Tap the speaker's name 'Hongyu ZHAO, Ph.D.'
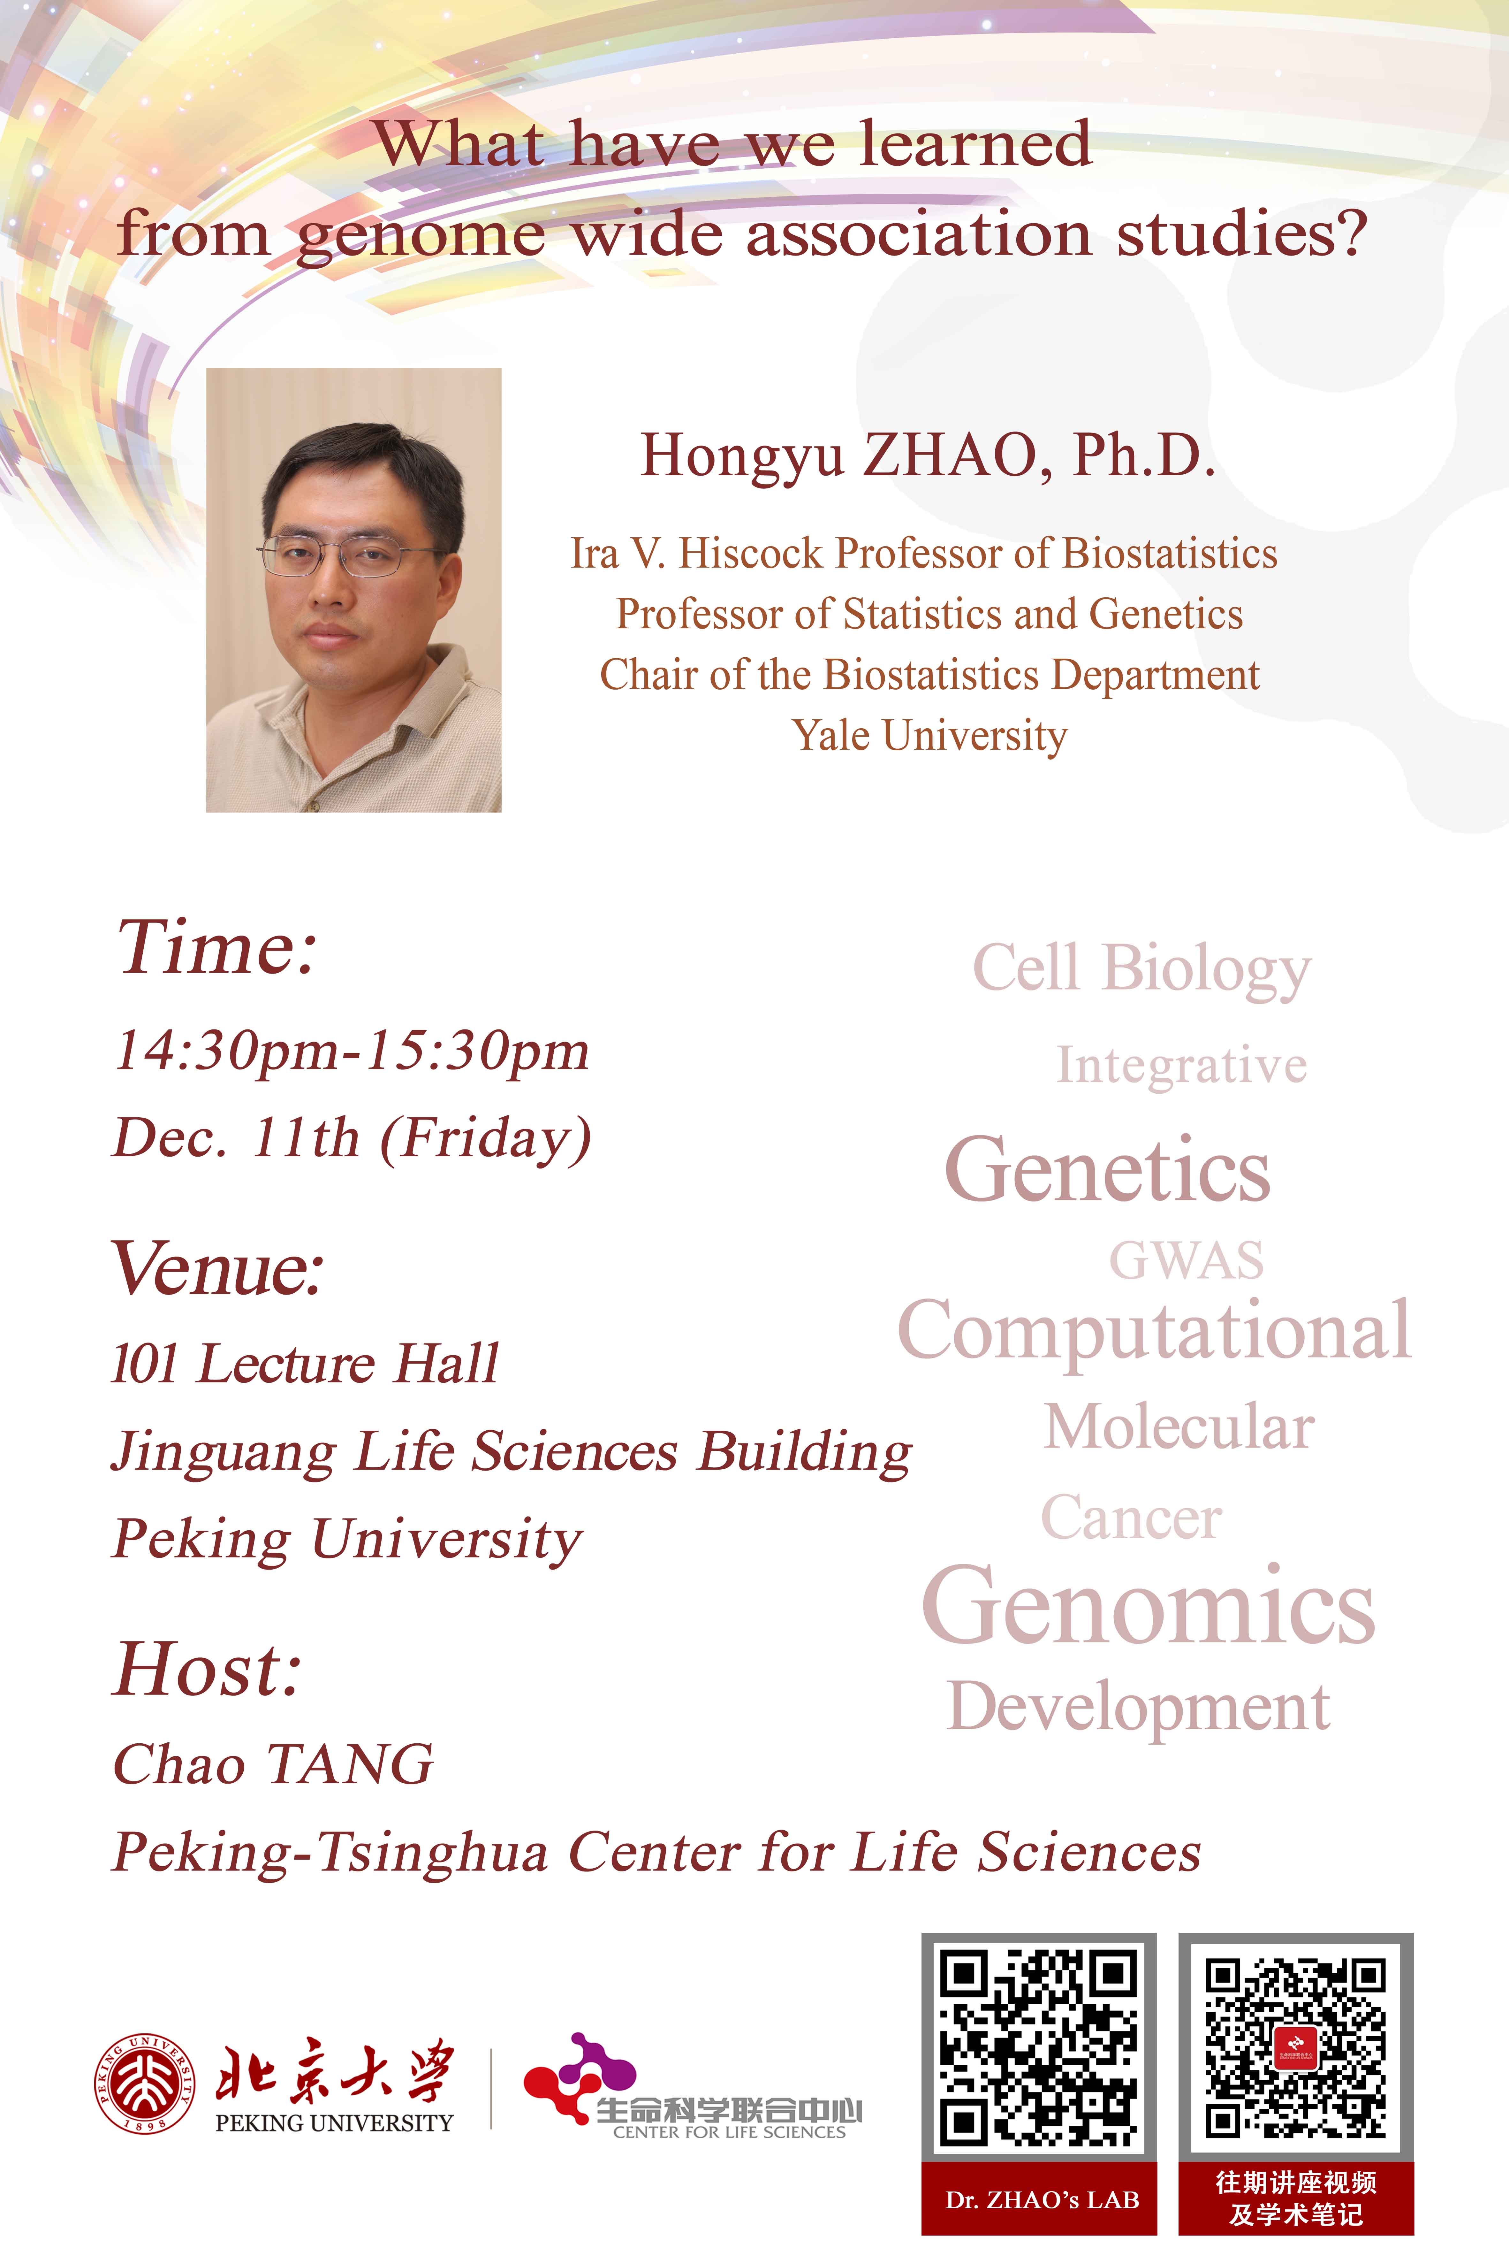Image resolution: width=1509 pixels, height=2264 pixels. click(928, 456)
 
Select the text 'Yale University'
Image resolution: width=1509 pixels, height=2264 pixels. click(930, 736)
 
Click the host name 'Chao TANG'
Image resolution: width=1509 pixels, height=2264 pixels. click(273, 1764)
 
